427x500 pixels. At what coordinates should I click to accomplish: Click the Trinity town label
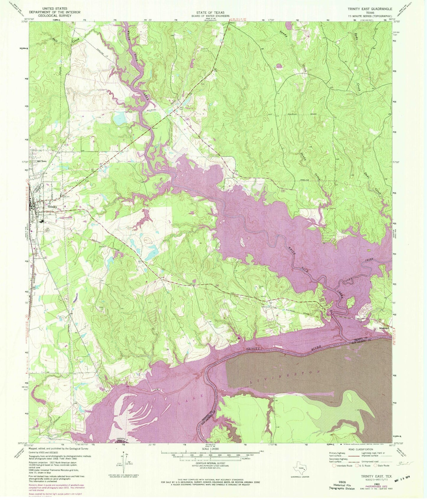coord(53,207)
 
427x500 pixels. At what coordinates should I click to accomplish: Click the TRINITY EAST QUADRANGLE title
coord(370,9)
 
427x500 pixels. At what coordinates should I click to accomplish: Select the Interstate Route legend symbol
coord(334,466)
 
